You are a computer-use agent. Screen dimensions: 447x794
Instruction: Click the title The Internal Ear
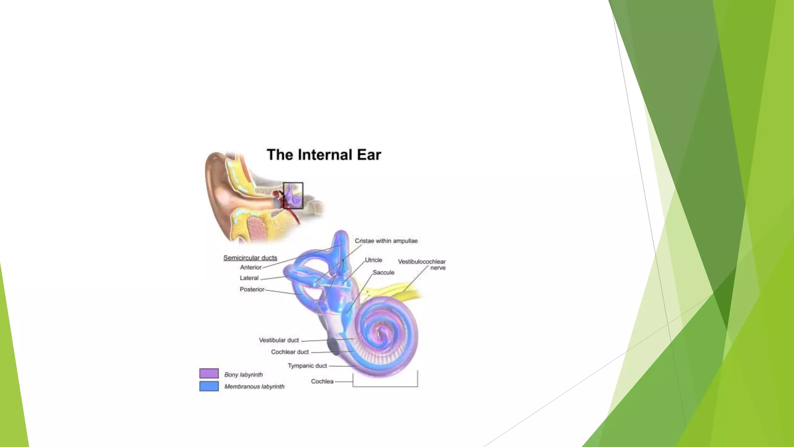(x=324, y=155)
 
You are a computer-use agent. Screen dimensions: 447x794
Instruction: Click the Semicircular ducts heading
(x=250, y=258)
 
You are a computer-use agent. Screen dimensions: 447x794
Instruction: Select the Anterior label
(x=250, y=267)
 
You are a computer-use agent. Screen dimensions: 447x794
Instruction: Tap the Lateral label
(x=249, y=278)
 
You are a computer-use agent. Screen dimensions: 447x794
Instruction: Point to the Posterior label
(x=252, y=289)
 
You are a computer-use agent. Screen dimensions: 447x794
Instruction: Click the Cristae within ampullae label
(x=386, y=241)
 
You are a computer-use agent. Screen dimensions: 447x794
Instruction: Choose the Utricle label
(x=373, y=260)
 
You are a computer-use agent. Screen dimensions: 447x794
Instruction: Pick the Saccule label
(x=383, y=272)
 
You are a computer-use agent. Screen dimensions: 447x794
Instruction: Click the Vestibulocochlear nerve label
(x=422, y=265)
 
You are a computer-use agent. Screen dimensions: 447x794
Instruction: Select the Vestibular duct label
(x=279, y=340)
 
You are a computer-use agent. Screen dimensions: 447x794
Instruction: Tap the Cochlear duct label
(x=290, y=352)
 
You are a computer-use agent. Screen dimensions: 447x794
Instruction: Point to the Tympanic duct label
(x=307, y=366)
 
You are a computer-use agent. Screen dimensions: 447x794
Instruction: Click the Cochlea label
(x=322, y=381)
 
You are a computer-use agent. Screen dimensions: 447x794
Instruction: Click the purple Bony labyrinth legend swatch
(x=209, y=373)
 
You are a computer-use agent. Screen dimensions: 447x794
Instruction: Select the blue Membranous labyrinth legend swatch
(x=209, y=386)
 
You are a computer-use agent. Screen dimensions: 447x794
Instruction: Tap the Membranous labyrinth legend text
(x=254, y=386)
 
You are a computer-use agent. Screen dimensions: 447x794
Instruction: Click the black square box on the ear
(x=293, y=196)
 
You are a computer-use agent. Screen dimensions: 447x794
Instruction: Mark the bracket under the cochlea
(x=385, y=386)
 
